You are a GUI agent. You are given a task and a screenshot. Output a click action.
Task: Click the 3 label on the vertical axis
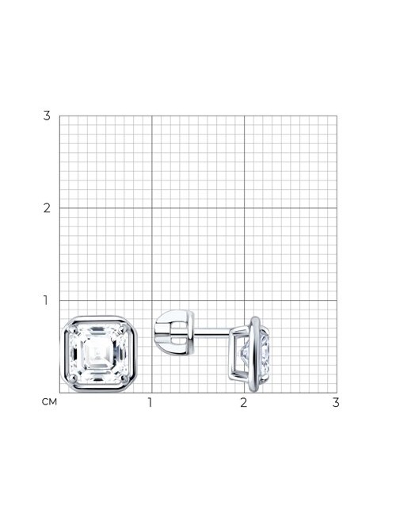(47, 116)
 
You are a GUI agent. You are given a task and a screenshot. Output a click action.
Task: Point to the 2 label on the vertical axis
(47, 208)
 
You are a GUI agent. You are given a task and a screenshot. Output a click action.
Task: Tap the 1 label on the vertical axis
(46, 300)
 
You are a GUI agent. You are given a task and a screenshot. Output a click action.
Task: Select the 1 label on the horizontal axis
(150, 402)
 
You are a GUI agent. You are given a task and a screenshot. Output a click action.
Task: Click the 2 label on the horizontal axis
(244, 402)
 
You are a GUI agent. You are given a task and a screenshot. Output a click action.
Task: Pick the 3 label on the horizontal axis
(336, 402)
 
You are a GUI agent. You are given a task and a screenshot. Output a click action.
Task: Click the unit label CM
(49, 402)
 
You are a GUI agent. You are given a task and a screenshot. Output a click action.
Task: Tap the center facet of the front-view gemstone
(97, 354)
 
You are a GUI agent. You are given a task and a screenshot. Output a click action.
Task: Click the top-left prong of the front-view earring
(74, 329)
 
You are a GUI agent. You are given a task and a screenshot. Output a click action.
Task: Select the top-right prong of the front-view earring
(123, 329)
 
